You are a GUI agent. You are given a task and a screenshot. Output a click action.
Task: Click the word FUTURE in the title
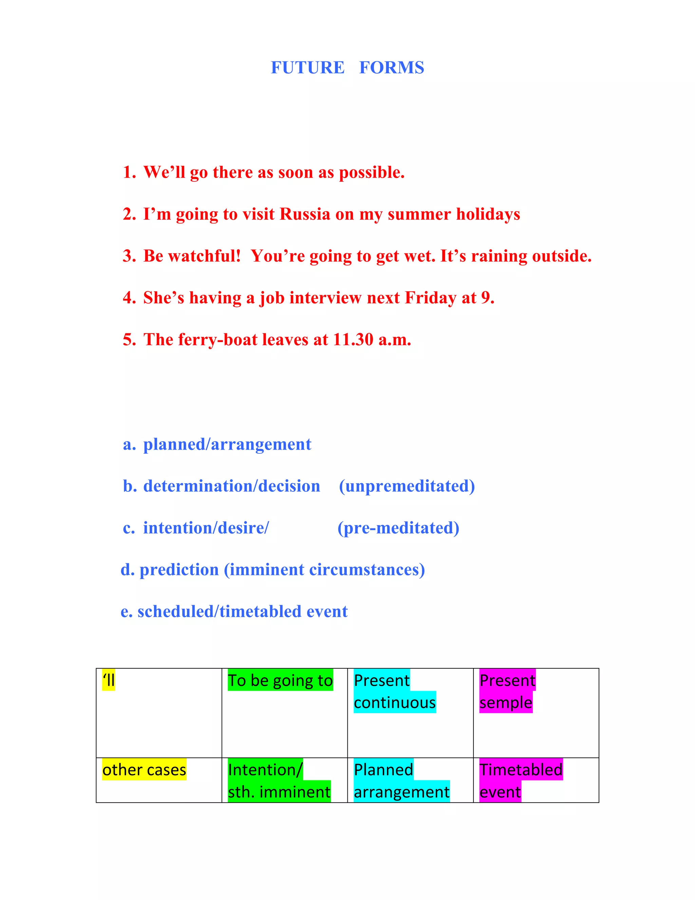(307, 68)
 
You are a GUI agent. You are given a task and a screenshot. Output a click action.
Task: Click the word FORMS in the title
(391, 68)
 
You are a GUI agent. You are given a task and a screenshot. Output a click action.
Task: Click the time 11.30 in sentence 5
(353, 340)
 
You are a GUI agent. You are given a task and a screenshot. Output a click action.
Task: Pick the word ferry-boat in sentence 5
(218, 340)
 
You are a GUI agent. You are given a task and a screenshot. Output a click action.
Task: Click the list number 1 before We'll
(129, 172)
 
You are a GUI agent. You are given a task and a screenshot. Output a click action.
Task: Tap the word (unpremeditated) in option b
(407, 486)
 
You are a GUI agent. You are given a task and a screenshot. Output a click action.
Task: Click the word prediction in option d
(179, 570)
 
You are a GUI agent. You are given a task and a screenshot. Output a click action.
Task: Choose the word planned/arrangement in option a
(227, 444)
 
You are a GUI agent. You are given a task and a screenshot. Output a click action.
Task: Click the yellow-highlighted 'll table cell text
(109, 680)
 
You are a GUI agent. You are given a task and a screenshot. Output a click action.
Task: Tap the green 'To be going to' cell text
(280, 680)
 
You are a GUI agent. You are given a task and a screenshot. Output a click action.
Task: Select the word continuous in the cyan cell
(394, 703)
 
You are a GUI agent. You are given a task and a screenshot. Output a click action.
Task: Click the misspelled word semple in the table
(506, 703)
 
